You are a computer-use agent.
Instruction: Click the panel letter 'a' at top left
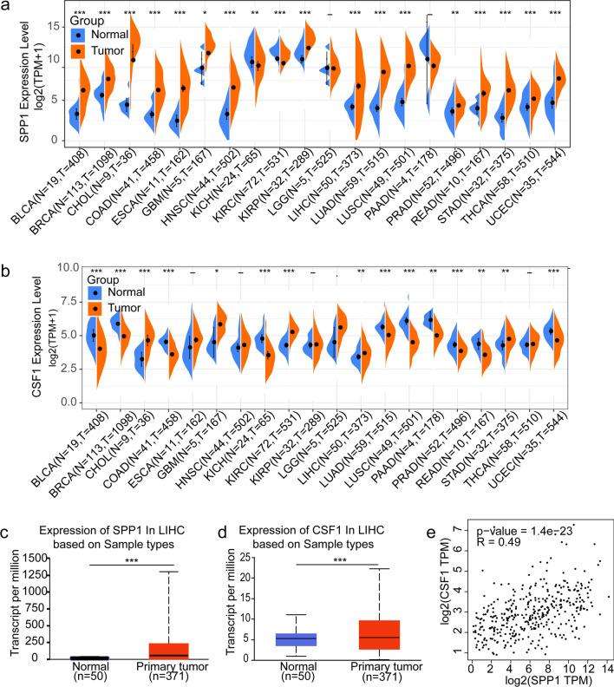(9, 8)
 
